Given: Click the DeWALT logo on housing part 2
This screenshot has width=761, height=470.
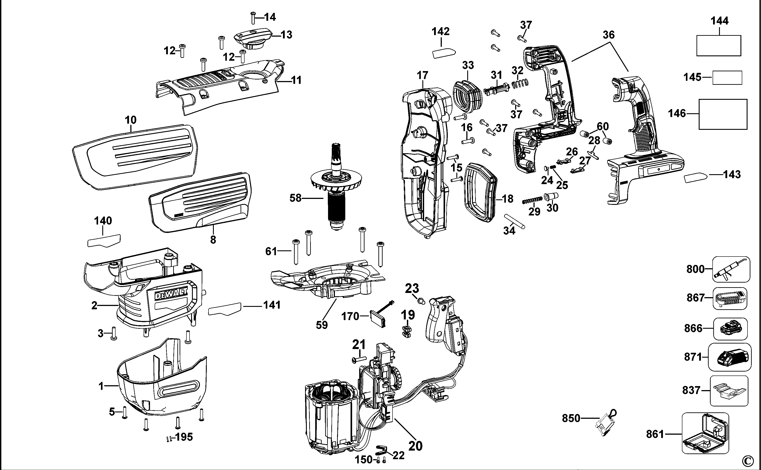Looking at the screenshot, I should tap(171, 294).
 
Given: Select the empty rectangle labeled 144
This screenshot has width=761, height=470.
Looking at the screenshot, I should tap(718, 45).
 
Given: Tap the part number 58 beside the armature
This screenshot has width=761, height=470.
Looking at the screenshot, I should tap(295, 198).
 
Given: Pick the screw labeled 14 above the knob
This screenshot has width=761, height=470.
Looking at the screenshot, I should tap(253, 18).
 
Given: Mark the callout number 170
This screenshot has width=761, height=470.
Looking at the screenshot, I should tap(350, 316).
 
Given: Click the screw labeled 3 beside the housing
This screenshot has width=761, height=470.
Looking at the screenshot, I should tap(114, 334).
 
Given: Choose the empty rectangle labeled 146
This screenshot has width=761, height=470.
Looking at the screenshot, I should tap(723, 114).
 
